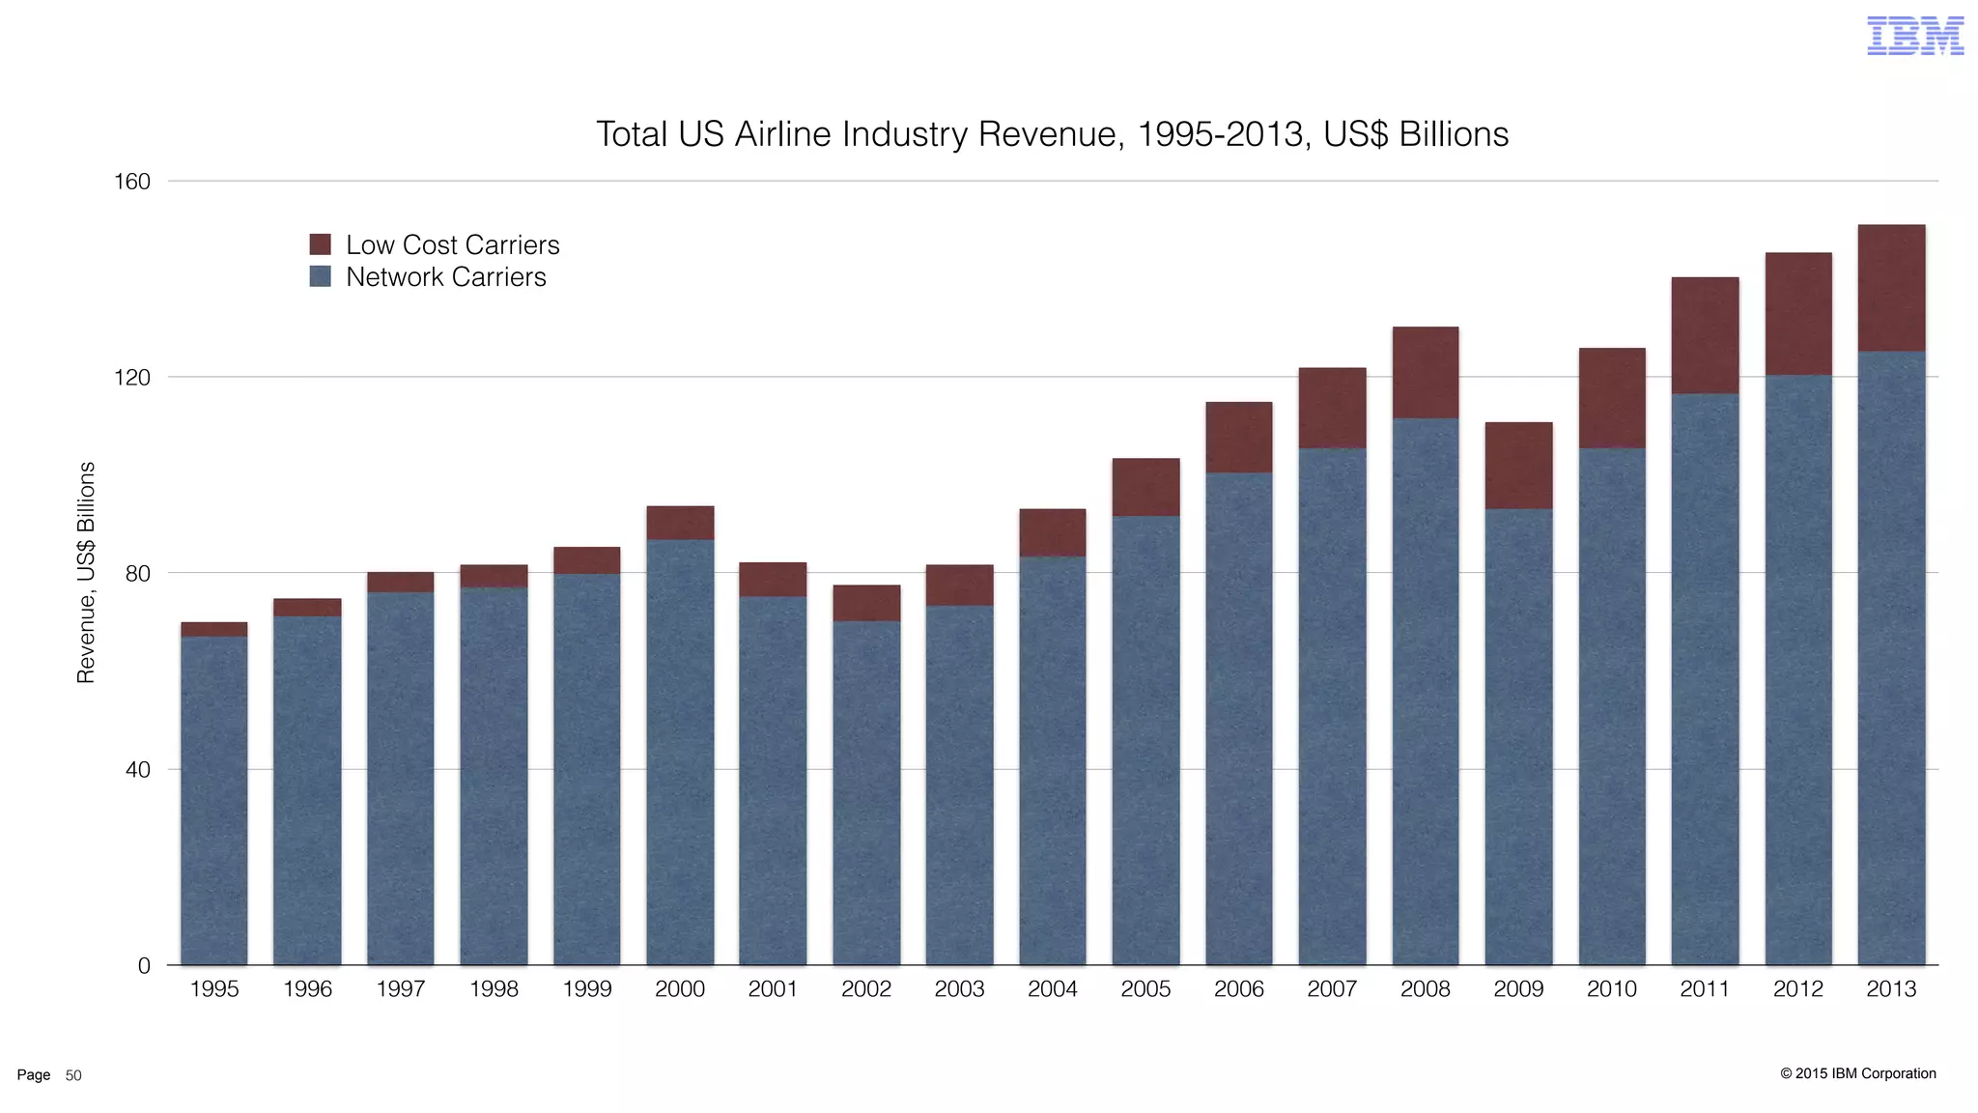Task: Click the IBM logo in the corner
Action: click(x=1914, y=36)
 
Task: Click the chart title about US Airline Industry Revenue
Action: click(x=1051, y=134)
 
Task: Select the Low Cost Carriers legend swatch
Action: click(x=320, y=244)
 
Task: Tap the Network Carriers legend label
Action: click(x=445, y=277)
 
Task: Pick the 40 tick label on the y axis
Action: click(x=137, y=770)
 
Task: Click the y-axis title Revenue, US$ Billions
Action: click(x=86, y=572)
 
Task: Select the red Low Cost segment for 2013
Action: click(x=1891, y=288)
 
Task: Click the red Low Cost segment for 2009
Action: click(x=1518, y=466)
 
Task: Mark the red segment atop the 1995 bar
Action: click(x=213, y=629)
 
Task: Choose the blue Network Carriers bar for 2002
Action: click(x=866, y=792)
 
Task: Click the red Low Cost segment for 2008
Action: click(x=1426, y=373)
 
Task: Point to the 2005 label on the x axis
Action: click(x=1145, y=989)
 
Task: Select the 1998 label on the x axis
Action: click(x=494, y=989)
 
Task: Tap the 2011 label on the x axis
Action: click(x=1705, y=989)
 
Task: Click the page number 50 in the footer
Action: click(x=73, y=1075)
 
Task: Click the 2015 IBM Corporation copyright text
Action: click(x=1857, y=1073)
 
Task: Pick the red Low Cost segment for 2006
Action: click(x=1238, y=437)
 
